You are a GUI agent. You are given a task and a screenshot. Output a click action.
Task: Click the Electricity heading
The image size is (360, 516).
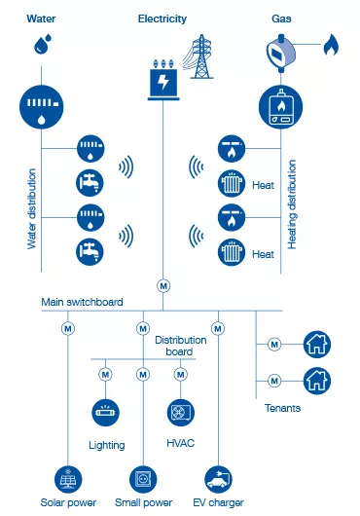[x=162, y=18]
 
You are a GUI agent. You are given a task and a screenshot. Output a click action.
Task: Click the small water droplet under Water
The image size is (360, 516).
[x=41, y=43]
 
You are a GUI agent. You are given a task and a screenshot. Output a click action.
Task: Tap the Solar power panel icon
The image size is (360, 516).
[x=69, y=478]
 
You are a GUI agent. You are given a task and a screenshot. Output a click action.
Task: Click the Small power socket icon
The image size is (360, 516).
[x=143, y=478]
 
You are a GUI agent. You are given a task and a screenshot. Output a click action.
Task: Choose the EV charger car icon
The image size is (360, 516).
[x=218, y=478]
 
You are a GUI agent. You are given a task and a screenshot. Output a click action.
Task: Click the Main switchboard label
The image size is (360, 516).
[x=82, y=302]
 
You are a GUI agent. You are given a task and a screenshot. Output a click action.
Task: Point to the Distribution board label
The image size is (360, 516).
[x=181, y=346]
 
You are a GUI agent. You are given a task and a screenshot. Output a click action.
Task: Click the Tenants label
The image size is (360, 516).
[x=282, y=408]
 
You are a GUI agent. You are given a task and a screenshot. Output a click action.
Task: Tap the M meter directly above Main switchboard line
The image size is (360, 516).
[x=162, y=286]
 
